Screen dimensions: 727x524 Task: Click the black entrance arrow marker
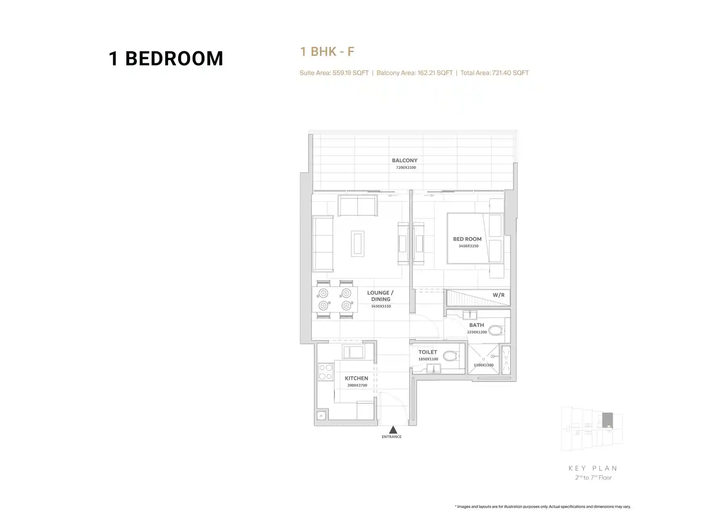393,430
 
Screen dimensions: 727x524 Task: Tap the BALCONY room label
405,161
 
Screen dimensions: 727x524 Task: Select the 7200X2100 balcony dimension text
406,167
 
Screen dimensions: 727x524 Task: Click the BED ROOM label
467,239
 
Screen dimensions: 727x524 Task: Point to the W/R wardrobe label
498,295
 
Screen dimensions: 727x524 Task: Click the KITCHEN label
356,378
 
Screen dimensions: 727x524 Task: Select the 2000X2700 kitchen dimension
357,385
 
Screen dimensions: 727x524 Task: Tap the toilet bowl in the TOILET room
450,356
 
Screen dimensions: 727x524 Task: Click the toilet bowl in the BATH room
496,331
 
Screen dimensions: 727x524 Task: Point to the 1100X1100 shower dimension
483,365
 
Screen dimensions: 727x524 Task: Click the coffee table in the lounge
357,244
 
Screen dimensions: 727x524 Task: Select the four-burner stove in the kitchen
326,372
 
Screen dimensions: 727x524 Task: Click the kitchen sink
353,352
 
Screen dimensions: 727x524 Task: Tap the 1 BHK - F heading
327,52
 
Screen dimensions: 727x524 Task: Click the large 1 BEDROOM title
166,58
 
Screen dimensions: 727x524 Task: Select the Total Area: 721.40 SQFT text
494,73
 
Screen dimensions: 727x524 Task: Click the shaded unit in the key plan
607,420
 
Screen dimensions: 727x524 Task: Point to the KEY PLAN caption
593,468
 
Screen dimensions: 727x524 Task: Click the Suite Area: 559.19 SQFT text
334,73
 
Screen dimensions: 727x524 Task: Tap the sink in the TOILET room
433,368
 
